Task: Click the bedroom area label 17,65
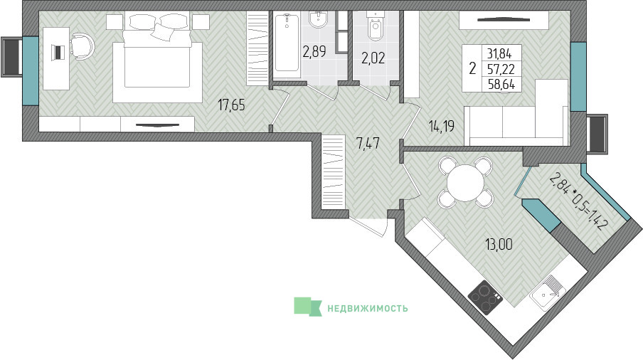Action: tap(231, 105)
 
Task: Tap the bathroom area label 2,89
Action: tap(314, 52)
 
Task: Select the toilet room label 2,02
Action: tap(373, 58)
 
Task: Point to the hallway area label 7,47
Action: tap(368, 144)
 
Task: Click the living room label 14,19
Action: tap(442, 126)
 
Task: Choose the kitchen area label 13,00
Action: tap(499, 245)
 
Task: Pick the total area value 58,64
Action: tap(501, 85)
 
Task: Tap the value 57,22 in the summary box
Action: tap(501, 69)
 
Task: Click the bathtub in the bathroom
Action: tap(287, 43)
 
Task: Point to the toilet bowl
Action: tap(375, 26)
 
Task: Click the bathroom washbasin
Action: tap(318, 20)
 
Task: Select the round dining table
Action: tap(466, 182)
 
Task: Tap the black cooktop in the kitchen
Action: tap(486, 297)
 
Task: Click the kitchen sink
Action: tap(548, 292)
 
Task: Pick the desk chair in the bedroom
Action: tap(82, 46)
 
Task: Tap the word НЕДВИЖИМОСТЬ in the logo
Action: tap(368, 308)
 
